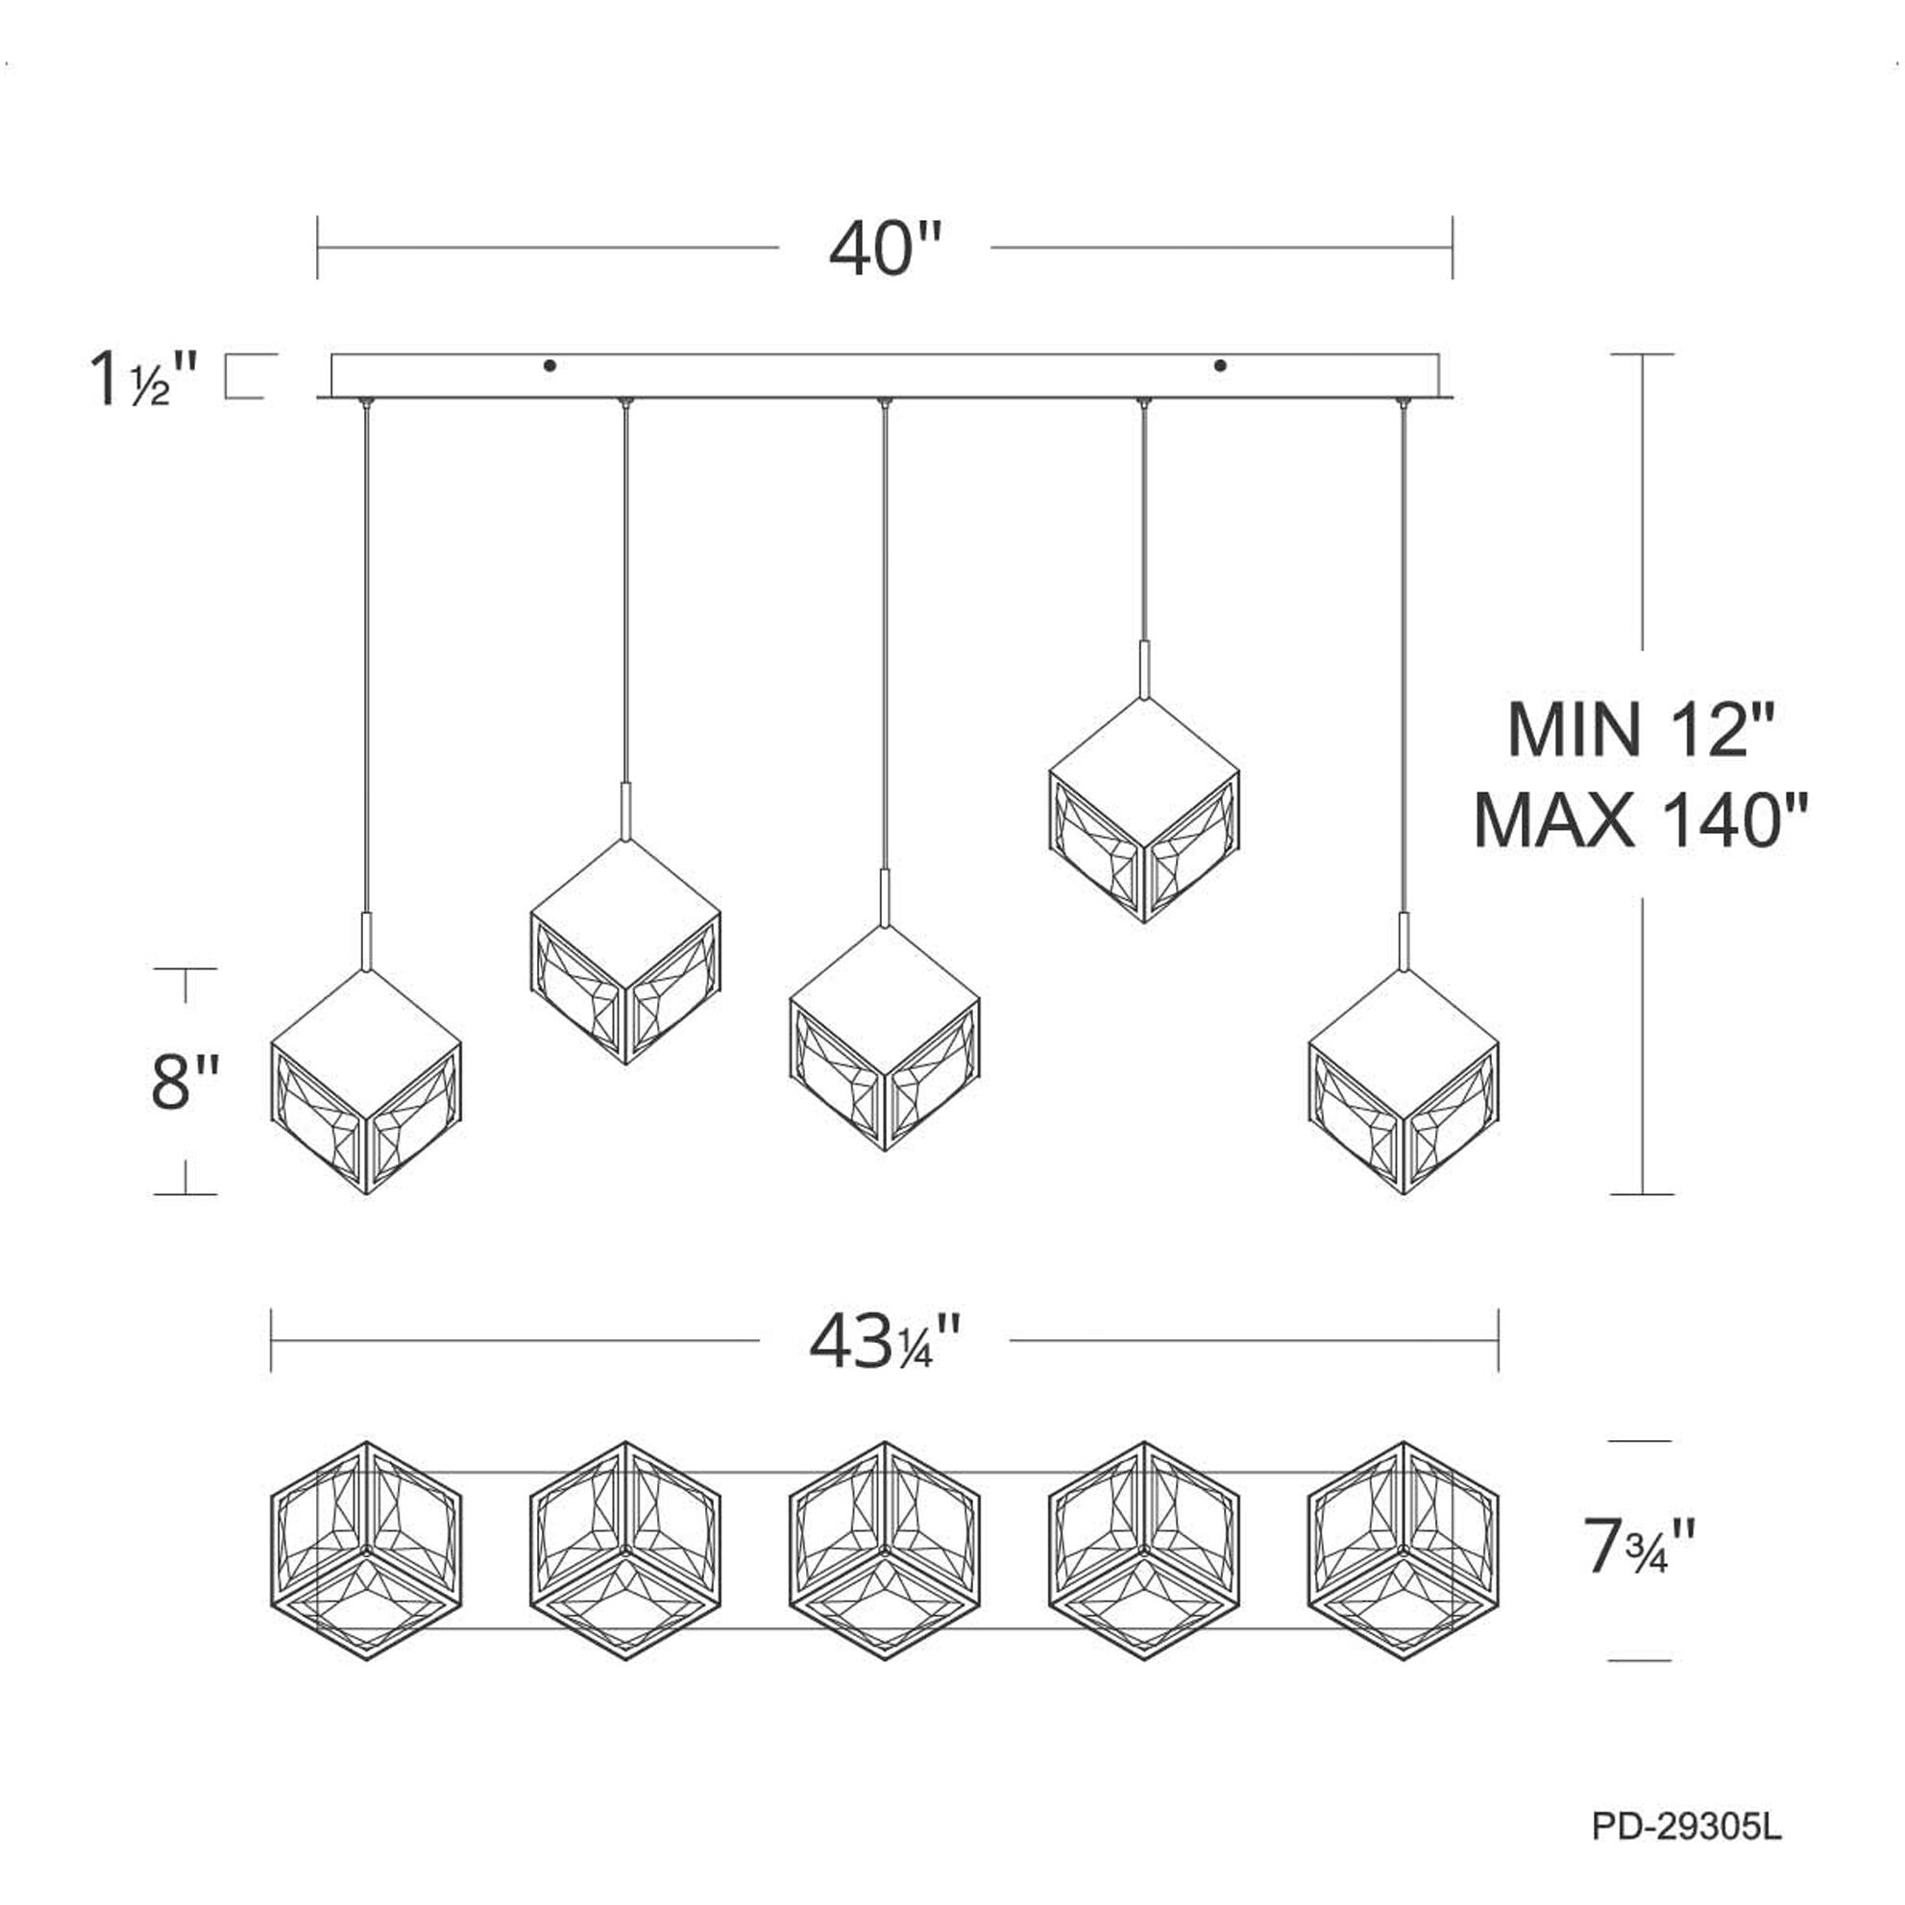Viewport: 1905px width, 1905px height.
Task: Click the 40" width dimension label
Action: click(x=886, y=249)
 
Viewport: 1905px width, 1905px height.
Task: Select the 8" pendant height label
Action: click(x=185, y=1082)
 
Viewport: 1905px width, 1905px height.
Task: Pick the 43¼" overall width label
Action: click(x=885, y=1342)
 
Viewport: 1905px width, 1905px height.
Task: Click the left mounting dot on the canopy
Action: click(x=550, y=366)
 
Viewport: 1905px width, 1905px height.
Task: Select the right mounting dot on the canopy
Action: click(x=1221, y=366)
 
